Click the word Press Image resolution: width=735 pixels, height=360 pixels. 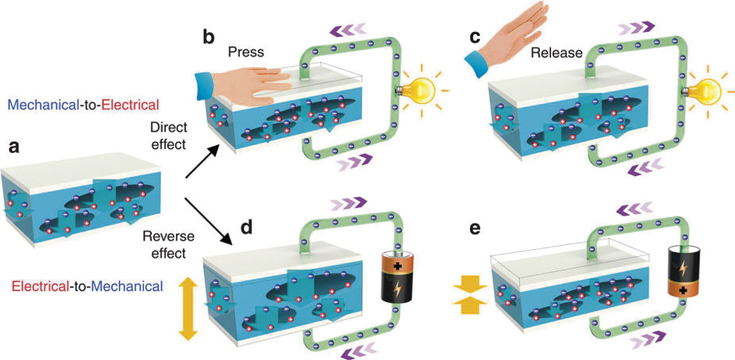246,53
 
